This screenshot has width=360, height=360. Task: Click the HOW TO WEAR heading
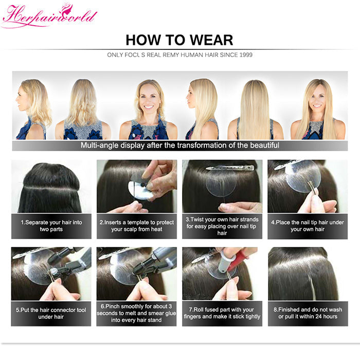[x=179, y=40]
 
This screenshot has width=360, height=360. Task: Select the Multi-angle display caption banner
[x=179, y=146]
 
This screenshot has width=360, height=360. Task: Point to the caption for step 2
[x=137, y=226]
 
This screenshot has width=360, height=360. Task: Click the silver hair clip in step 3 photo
[x=221, y=168]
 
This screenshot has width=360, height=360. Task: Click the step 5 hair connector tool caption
[x=51, y=313]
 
